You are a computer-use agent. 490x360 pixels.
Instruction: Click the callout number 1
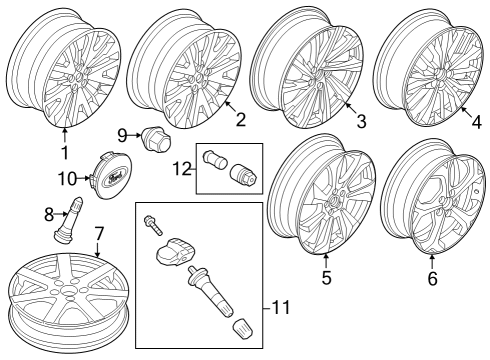64,153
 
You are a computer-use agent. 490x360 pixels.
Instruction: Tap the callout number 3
361,122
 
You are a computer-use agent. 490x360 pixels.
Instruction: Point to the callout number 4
476,122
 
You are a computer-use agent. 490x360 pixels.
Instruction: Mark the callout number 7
98,233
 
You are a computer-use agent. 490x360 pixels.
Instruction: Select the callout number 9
123,134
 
